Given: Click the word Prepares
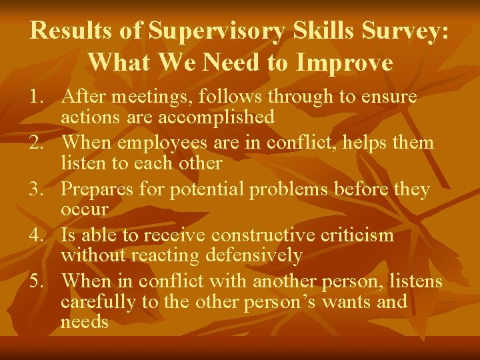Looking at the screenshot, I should [x=97, y=189].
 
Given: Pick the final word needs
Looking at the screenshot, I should [x=84, y=322].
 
